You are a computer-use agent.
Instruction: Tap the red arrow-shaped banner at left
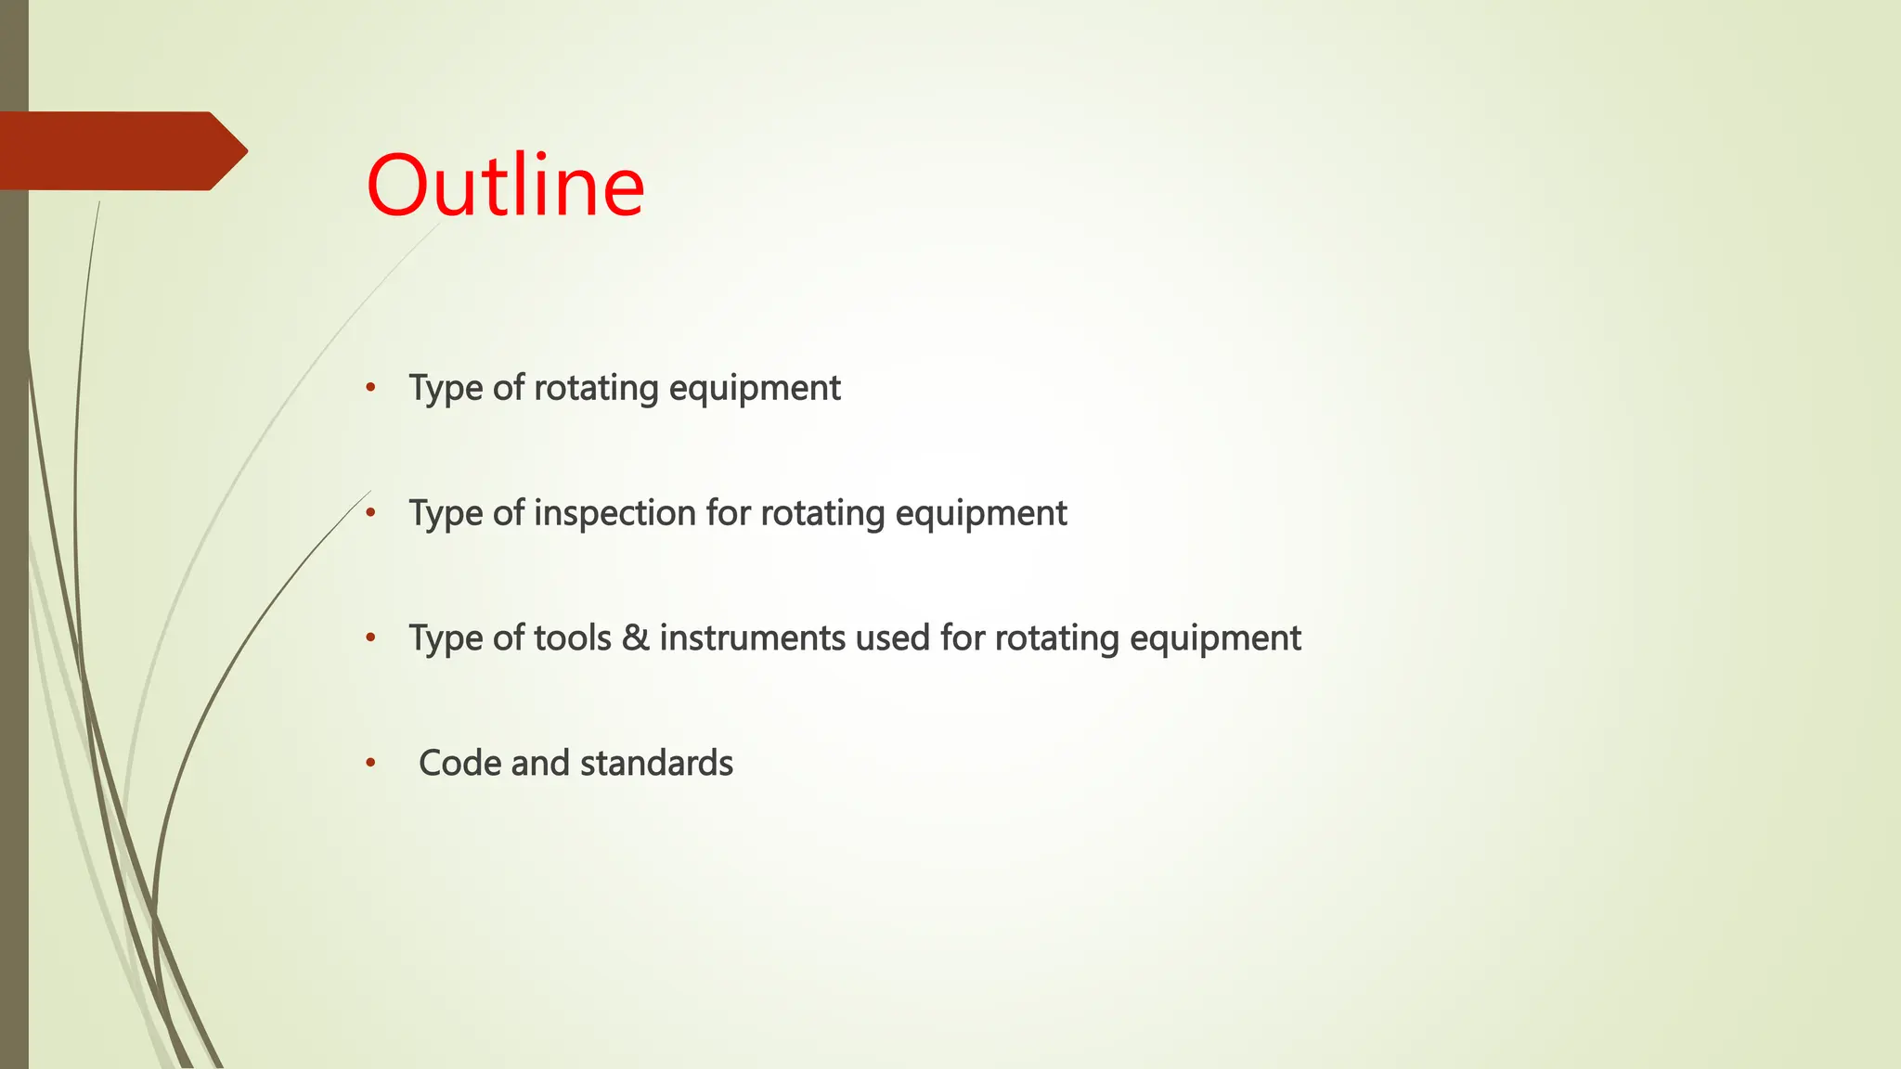[x=121, y=150]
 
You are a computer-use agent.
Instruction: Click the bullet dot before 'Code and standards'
[x=370, y=763]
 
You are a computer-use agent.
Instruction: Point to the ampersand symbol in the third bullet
[x=636, y=638]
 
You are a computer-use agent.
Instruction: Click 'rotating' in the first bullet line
[x=596, y=388]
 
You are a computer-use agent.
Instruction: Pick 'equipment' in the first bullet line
[x=755, y=388]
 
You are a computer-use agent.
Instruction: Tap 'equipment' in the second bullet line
[x=981, y=513]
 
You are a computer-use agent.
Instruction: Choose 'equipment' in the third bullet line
[x=1215, y=638]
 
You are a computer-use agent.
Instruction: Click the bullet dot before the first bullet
[x=370, y=387]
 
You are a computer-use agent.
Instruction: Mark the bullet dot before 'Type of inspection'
[x=370, y=512]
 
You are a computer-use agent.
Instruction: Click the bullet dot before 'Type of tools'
[x=370, y=638]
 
